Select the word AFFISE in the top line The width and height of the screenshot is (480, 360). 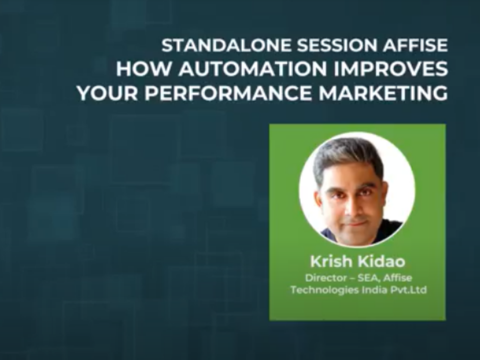(x=415, y=46)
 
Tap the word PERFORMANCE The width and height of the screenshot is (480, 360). (x=228, y=93)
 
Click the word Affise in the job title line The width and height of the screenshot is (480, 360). (x=398, y=278)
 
